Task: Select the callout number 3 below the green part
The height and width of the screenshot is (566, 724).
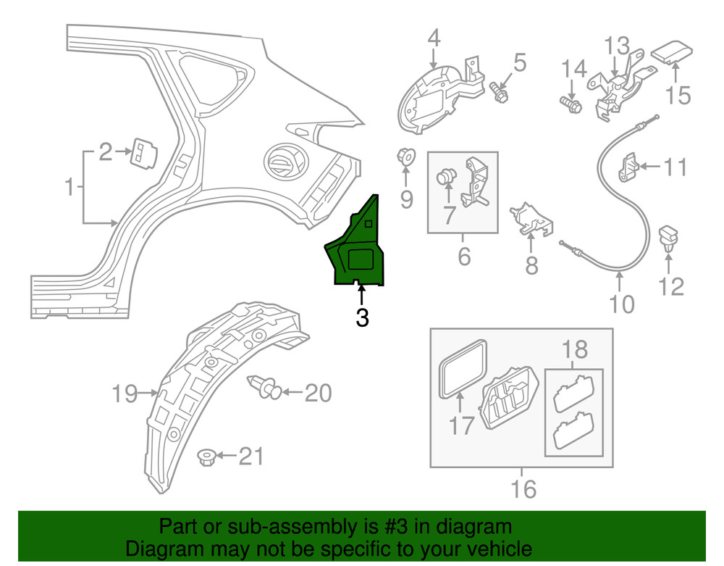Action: click(362, 317)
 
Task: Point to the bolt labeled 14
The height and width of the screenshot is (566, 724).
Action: click(570, 105)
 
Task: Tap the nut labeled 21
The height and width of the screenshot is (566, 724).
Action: click(206, 457)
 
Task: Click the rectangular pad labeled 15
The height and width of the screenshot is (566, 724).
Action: click(674, 52)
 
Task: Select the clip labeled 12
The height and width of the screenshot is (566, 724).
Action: click(670, 238)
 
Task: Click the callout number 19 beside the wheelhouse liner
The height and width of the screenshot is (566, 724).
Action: click(125, 394)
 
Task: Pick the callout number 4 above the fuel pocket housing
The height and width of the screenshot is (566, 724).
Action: click(434, 37)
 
